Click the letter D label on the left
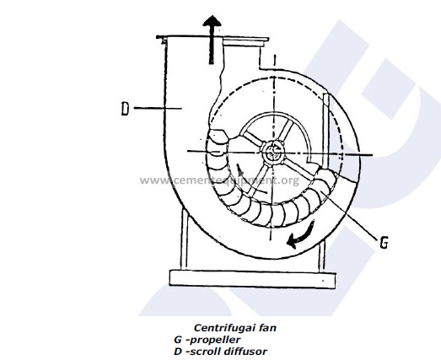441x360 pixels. pos(125,109)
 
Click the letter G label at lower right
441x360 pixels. pos(384,242)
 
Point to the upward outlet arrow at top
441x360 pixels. pos(212,40)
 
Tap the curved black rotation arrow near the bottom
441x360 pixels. pos(301,235)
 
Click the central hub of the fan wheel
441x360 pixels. pos(272,152)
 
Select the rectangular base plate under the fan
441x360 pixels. pos(253,279)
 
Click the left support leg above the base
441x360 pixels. pos(184,240)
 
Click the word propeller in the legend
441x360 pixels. pos(215,340)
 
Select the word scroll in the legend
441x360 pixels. pos(204,352)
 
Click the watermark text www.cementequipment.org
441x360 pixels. pos(219,180)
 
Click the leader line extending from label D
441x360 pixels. pos(158,108)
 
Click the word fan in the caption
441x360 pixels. pos(268,328)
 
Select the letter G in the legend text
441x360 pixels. pos(178,340)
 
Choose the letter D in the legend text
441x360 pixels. pos(178,352)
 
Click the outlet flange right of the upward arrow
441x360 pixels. pos(245,42)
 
